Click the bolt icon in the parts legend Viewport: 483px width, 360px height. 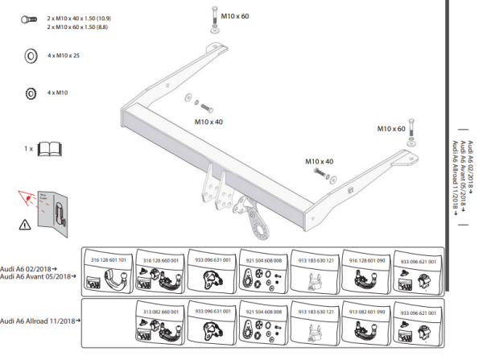pyautogui.click(x=29, y=19)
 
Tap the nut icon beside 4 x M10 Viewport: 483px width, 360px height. pyautogui.click(x=30, y=93)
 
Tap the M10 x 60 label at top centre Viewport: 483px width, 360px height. pyautogui.click(x=235, y=15)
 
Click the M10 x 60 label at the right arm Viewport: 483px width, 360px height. pyautogui.click(x=391, y=128)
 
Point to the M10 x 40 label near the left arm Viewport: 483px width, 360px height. pyautogui.click(x=208, y=122)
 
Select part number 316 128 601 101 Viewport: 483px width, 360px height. pyautogui.click(x=109, y=261)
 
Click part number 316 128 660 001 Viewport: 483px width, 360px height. pyautogui.click(x=160, y=261)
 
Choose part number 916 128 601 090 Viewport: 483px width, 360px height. pyautogui.click(x=367, y=261)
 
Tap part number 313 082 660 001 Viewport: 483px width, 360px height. pyautogui.click(x=160, y=311)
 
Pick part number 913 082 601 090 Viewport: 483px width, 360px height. pyautogui.click(x=367, y=311)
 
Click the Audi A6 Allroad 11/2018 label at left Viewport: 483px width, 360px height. pyautogui.click(x=39, y=321)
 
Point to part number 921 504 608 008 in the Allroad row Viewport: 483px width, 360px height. pyautogui.click(x=264, y=311)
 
